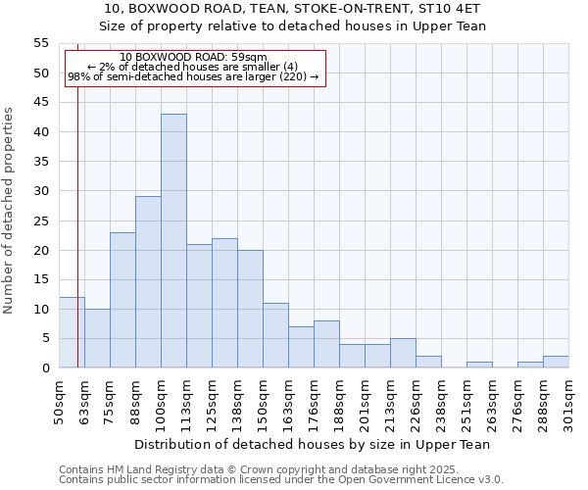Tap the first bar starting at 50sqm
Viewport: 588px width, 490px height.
[72, 332]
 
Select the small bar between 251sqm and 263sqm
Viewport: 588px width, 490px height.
[479, 365]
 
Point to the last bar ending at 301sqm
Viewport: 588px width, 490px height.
[556, 362]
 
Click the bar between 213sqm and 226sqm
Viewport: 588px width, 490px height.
[403, 353]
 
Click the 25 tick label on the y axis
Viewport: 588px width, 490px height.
[41, 220]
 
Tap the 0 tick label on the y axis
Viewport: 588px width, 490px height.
[45, 368]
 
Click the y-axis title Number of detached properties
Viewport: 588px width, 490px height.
[10, 211]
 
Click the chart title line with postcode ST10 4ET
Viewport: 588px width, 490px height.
[294, 9]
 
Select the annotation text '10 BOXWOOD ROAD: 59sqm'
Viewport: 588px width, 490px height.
[193, 57]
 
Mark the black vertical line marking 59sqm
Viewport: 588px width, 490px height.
[77, 245]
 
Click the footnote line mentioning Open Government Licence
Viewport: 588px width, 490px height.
[281, 479]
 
